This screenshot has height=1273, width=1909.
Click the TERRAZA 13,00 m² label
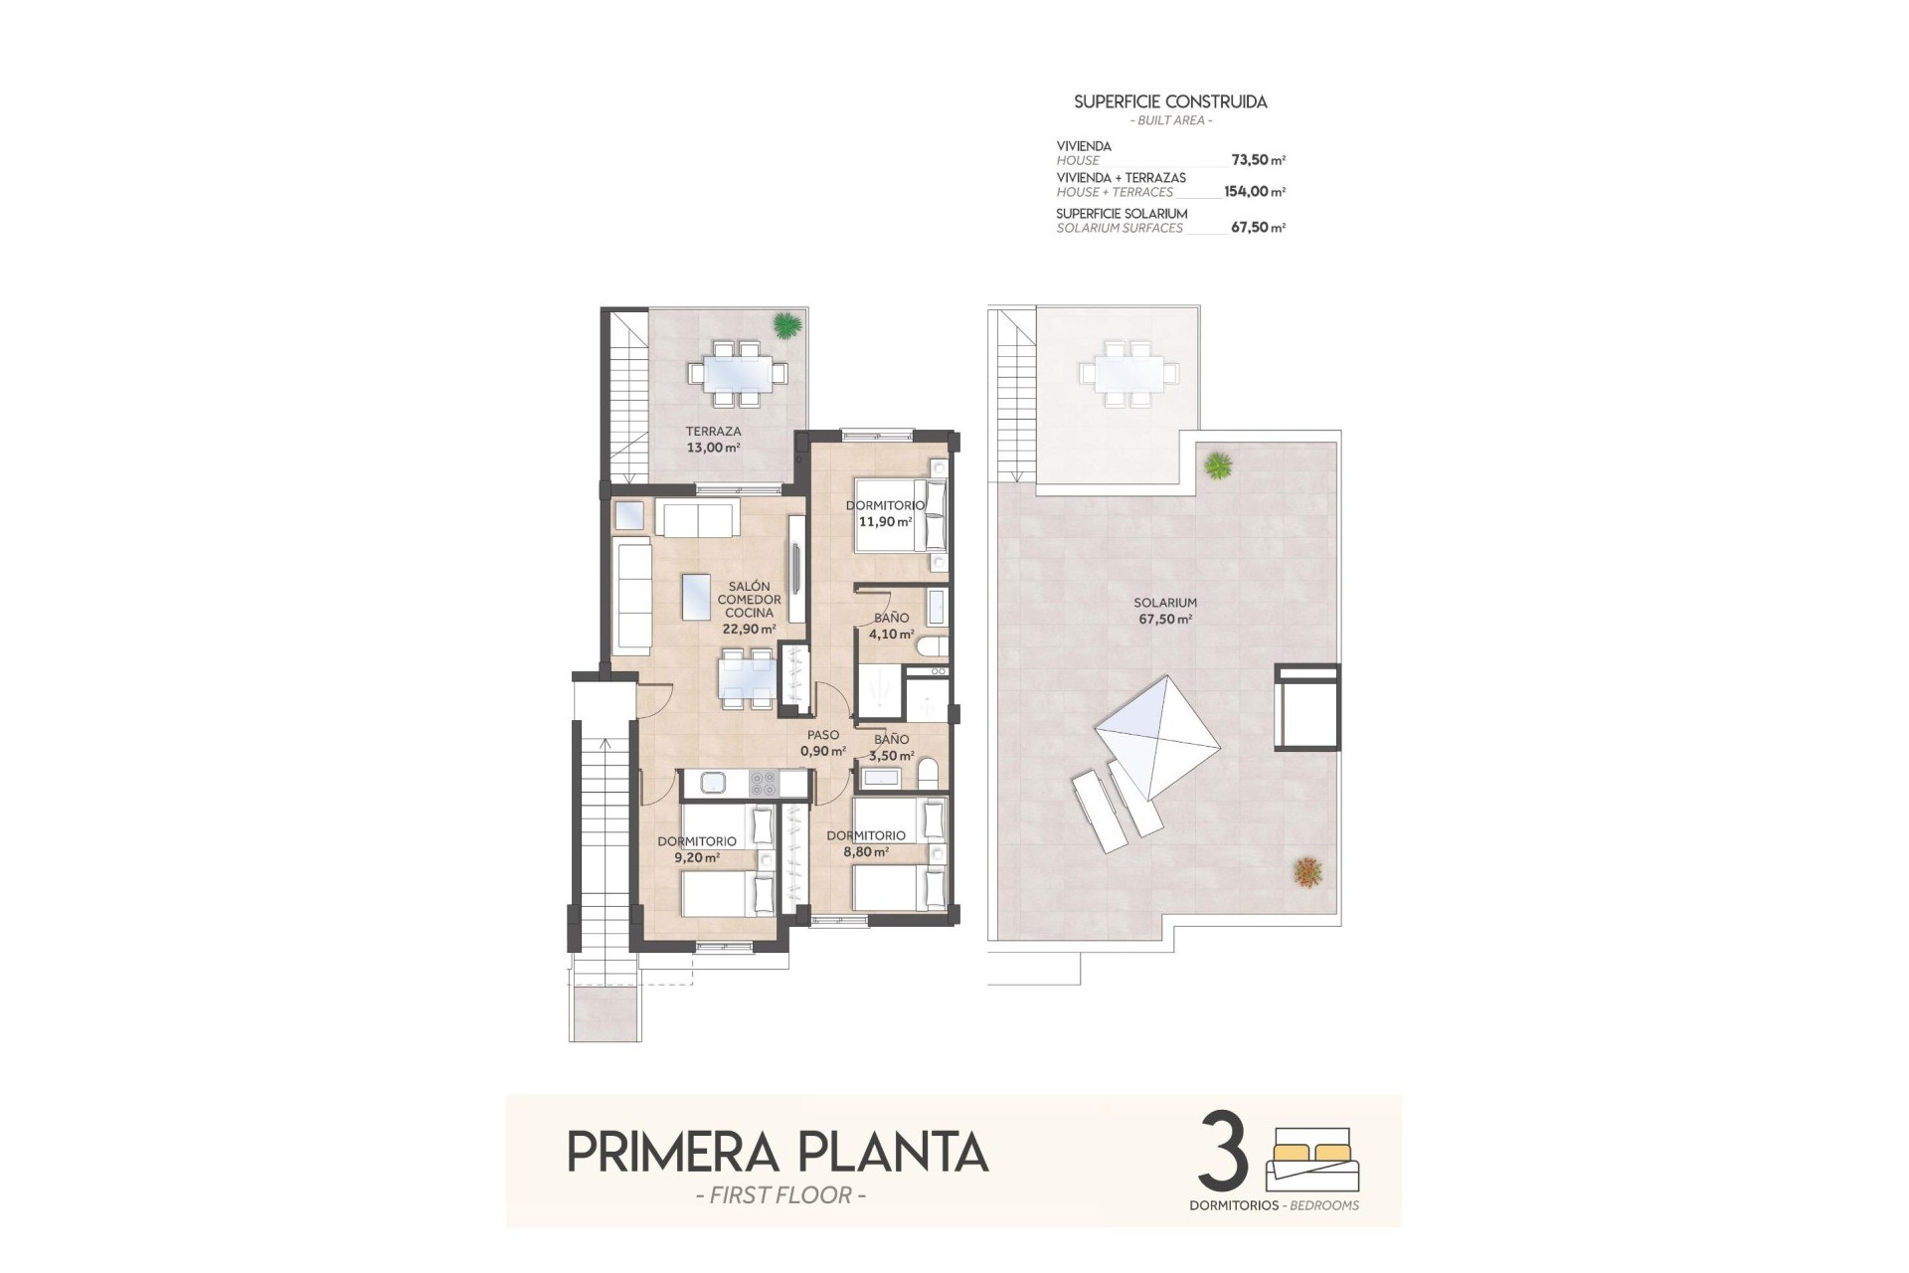tap(713, 440)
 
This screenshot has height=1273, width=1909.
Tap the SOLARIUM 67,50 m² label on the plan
tap(1165, 611)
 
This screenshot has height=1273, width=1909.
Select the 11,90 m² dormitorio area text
tap(884, 513)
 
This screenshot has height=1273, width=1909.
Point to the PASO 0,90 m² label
tap(823, 743)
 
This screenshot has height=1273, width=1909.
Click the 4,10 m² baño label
tap(891, 626)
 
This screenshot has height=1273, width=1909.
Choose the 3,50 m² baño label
tap(891, 747)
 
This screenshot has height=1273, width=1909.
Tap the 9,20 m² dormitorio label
tap(696, 848)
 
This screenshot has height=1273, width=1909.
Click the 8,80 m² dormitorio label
tap(865, 843)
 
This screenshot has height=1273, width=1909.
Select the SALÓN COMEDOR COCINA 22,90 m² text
tap(749, 607)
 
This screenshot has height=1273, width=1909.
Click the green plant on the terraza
tap(786, 324)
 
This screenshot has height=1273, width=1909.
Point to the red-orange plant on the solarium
tap(1307, 871)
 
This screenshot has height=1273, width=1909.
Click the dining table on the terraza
tap(737, 374)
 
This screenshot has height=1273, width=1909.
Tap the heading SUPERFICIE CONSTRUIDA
tap(1170, 101)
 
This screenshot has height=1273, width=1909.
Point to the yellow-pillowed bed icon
tap(1311, 1159)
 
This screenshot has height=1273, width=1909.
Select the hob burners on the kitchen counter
tap(764, 784)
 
